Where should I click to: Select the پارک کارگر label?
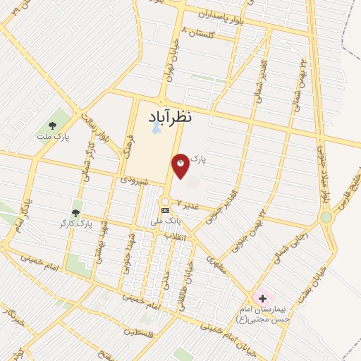point(77,224)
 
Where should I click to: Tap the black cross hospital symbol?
point(262,298)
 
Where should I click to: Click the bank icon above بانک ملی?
point(165,210)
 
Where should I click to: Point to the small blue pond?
point(155,129)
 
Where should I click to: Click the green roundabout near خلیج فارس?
point(326,217)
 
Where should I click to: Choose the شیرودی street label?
point(134,180)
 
